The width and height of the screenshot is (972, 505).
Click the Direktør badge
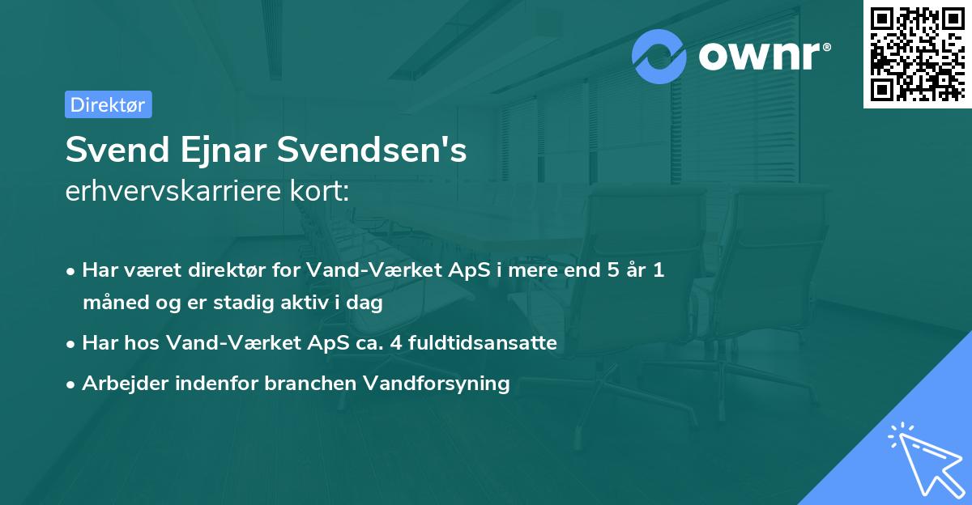click(x=108, y=104)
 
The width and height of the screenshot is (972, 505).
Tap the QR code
click(x=917, y=54)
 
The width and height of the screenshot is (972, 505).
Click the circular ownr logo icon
click(x=659, y=57)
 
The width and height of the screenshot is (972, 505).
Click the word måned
click(x=109, y=303)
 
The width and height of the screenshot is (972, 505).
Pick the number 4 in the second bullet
click(x=395, y=342)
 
